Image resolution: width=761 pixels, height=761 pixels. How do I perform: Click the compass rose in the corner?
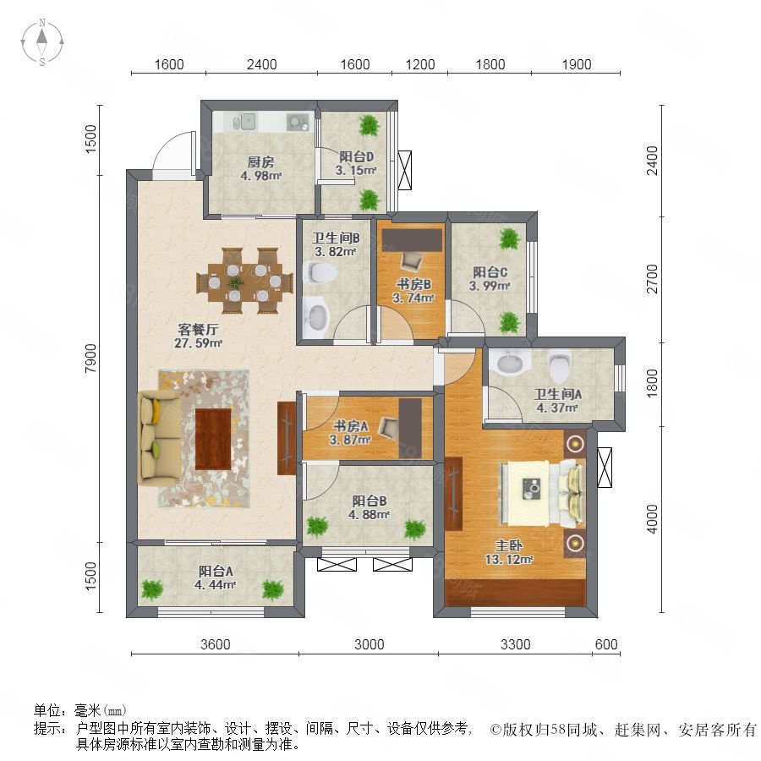[42, 42]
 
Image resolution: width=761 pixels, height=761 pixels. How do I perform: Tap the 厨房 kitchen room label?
[260, 162]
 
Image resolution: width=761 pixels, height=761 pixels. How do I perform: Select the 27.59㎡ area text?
[198, 343]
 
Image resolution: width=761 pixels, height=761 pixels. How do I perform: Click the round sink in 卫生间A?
[509, 362]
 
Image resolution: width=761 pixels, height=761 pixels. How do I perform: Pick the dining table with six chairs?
[244, 281]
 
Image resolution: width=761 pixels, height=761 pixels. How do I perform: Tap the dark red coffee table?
[213, 439]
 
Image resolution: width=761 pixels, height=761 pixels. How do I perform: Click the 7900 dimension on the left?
[91, 359]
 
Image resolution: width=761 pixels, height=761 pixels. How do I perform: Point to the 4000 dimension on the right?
[653, 519]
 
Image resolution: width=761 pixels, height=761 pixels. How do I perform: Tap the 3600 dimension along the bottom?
[216, 644]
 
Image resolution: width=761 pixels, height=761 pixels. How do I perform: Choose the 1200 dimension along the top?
[420, 64]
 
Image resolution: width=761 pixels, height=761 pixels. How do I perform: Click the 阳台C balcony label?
[490, 272]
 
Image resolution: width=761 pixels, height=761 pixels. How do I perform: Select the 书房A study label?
[350, 426]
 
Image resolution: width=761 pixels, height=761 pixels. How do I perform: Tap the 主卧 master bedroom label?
[509, 545]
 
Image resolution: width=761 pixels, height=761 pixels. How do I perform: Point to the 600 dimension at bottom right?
[606, 644]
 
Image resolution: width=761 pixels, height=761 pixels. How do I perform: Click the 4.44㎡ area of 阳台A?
[215, 585]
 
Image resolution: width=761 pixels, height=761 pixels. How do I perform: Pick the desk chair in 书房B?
[412, 263]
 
